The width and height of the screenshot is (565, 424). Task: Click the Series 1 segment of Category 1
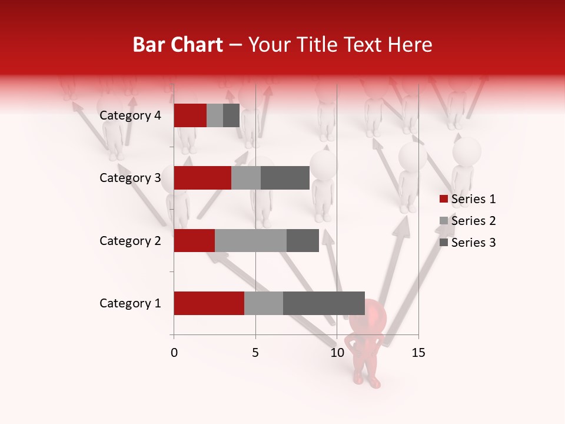click(x=209, y=303)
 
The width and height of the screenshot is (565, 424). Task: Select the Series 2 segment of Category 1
click(x=264, y=303)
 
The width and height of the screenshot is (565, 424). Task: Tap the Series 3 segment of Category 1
click(x=324, y=303)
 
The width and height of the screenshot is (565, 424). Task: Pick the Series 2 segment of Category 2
click(x=251, y=240)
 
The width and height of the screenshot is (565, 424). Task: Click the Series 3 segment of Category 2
click(x=303, y=240)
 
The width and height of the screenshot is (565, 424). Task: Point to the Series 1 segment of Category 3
click(x=202, y=178)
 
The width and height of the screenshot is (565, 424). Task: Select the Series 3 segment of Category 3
click(x=285, y=178)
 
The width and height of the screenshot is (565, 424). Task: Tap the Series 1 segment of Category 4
click(x=190, y=115)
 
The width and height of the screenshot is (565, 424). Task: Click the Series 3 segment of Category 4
click(x=231, y=115)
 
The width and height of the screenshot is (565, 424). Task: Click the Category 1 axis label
click(x=130, y=303)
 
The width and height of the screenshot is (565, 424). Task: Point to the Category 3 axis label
click(x=130, y=178)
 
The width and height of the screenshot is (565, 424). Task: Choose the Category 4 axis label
click(x=130, y=115)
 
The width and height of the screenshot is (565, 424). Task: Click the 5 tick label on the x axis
click(x=255, y=353)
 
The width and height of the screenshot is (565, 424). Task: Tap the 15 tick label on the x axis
click(x=418, y=353)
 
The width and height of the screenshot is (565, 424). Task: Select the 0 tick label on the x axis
click(x=174, y=353)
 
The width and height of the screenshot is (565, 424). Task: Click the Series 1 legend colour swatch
click(x=444, y=199)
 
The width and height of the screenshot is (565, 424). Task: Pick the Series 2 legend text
click(x=473, y=221)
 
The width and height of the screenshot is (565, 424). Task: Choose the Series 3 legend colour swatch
click(x=444, y=243)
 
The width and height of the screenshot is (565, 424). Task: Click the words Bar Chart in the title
click(x=177, y=45)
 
